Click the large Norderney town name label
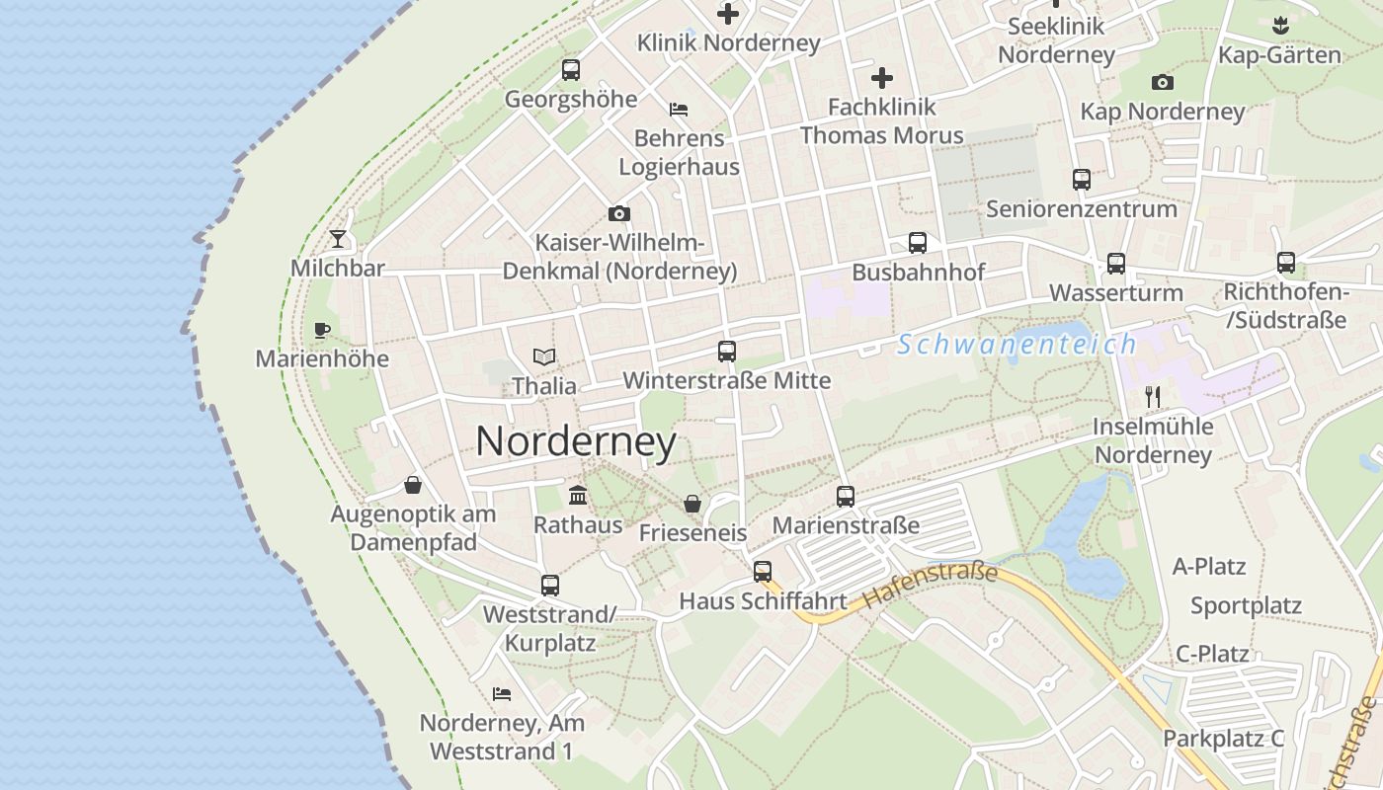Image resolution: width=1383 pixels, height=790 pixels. (x=576, y=441)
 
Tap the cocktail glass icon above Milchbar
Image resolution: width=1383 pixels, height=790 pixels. (x=338, y=239)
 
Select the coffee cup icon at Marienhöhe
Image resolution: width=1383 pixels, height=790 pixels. (x=321, y=330)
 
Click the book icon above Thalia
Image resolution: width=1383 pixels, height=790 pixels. (x=543, y=356)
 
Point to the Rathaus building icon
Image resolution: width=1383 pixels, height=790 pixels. (x=578, y=495)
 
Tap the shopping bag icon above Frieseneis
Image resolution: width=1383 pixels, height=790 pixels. (x=692, y=504)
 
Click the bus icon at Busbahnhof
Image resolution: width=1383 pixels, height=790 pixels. (x=918, y=243)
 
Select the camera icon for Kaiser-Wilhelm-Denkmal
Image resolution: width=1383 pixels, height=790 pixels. (x=619, y=213)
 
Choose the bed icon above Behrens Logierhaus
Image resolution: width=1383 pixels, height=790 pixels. (x=679, y=109)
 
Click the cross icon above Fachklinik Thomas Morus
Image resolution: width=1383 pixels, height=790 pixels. (x=882, y=77)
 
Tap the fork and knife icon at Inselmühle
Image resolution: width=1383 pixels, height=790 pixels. (x=1153, y=397)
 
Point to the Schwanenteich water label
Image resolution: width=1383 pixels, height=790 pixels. (x=1017, y=345)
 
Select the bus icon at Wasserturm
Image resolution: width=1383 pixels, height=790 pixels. (x=1116, y=264)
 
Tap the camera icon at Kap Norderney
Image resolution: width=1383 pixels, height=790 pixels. (x=1163, y=82)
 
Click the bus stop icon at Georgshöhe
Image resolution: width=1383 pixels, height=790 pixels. (x=571, y=70)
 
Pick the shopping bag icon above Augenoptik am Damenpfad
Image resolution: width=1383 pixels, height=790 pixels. (x=413, y=485)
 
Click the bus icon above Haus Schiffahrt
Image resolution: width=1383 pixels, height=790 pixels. (x=763, y=571)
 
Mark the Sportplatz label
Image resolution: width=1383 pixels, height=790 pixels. (x=1246, y=605)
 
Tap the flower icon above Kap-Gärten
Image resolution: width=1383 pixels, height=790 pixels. (x=1280, y=24)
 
